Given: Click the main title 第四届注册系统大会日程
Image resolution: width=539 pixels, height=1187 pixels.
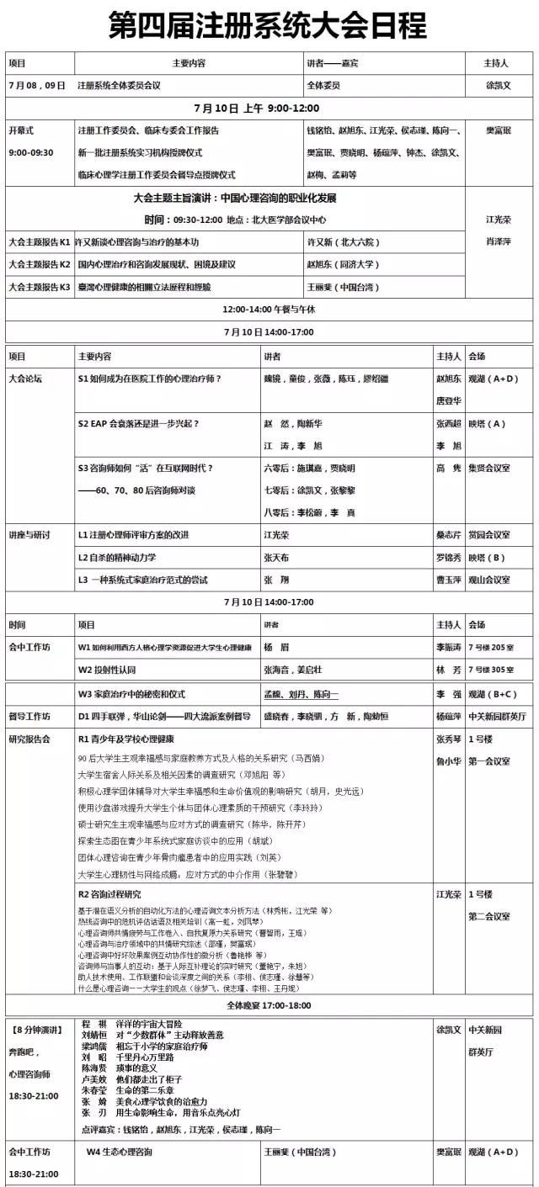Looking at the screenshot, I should [269, 26].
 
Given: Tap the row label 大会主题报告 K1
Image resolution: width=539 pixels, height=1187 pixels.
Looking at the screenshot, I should [39, 242].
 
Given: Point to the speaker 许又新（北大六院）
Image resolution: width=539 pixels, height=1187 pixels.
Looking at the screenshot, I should [344, 242].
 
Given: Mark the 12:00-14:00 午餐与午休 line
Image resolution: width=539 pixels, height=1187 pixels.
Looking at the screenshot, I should [269, 310].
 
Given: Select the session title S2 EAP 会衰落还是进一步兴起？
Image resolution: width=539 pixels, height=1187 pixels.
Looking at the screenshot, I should [139, 424].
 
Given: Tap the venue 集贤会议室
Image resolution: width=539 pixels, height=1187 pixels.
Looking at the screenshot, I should [489, 469].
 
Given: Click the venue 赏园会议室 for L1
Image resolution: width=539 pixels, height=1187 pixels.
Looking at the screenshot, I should [489, 535].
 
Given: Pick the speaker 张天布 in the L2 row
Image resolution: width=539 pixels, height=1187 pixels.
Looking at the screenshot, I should [276, 557].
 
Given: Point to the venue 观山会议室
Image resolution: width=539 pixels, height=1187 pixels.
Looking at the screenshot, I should [489, 580].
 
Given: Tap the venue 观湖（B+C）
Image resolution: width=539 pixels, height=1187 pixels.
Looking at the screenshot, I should [493, 695].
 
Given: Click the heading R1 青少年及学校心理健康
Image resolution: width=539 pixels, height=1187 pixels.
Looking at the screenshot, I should [126, 739].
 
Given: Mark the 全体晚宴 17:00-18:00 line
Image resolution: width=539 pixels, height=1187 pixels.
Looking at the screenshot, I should [269, 1005].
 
